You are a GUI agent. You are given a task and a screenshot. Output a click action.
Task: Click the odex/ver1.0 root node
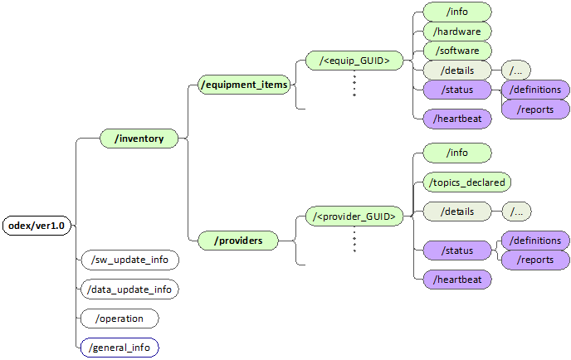pyautogui.click(x=37, y=226)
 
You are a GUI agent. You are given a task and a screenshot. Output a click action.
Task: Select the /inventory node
pyautogui.click(x=139, y=139)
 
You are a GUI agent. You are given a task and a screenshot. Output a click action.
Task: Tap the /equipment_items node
pyautogui.click(x=244, y=84)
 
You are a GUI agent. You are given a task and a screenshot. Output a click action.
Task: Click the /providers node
pyautogui.click(x=238, y=241)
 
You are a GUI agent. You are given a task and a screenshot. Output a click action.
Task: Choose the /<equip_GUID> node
pyautogui.click(x=354, y=61)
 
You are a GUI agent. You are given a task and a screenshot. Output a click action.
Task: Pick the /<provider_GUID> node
pyautogui.click(x=354, y=216)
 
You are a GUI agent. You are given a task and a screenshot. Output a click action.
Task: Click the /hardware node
pyautogui.click(x=457, y=32)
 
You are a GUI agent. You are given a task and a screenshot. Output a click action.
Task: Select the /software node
pyautogui.click(x=457, y=51)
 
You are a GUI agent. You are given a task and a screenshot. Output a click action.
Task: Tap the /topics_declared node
pyautogui.click(x=467, y=182)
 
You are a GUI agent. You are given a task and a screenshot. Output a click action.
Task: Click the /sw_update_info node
pyautogui.click(x=129, y=260)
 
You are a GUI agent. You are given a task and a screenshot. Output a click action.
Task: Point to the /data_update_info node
pyautogui.click(x=129, y=289)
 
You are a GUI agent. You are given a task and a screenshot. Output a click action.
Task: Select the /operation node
pyautogui.click(x=120, y=319)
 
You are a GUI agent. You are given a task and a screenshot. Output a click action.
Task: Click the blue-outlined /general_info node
pyautogui.click(x=120, y=348)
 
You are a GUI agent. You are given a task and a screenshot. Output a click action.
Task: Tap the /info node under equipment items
pyautogui.click(x=457, y=12)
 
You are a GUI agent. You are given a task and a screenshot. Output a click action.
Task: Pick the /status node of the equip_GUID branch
pyautogui.click(x=457, y=90)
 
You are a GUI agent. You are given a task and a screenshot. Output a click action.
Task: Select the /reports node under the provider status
pyautogui.click(x=535, y=260)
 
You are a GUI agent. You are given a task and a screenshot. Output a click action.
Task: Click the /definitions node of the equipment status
pyautogui.click(x=535, y=90)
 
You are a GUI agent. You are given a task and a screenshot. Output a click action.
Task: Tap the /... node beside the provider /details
pyautogui.click(x=516, y=212)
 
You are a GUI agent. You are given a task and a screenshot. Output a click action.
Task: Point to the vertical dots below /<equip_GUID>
pyautogui.click(x=354, y=85)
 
